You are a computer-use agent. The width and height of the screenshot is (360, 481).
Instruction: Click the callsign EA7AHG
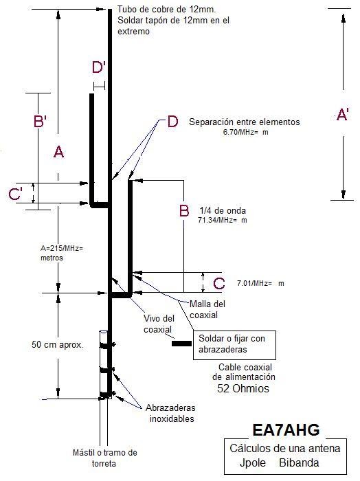coord(286,429)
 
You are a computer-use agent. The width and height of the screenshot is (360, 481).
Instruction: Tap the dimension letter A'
coord(342,115)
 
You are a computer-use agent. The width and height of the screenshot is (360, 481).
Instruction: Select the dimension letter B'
coord(40,120)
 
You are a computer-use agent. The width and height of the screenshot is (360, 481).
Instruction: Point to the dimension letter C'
coord(15,194)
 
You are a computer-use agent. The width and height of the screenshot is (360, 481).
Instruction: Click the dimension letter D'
coord(99,67)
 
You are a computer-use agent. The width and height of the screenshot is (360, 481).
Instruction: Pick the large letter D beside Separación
coord(172,122)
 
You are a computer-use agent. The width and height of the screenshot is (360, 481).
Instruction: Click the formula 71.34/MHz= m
coord(223,220)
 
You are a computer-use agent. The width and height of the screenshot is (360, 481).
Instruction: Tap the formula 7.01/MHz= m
coord(260,283)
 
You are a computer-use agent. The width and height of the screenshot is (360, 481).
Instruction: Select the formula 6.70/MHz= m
coord(246,133)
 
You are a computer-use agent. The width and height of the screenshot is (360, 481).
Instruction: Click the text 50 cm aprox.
coord(57,344)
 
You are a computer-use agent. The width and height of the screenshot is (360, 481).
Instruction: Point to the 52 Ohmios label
coord(243,388)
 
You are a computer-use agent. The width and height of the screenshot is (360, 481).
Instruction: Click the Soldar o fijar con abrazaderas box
coord(234,345)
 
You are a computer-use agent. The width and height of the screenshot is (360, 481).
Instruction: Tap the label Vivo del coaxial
coord(159,324)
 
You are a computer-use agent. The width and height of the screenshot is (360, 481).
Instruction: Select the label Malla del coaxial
coord(207,309)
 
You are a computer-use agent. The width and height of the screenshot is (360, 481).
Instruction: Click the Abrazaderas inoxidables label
coord(170,413)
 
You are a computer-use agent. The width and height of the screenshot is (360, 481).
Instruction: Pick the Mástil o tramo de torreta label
coord(105,458)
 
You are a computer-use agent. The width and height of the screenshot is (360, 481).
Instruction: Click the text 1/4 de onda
coord(223,210)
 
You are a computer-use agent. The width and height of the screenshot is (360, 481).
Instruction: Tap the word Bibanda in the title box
coord(299,462)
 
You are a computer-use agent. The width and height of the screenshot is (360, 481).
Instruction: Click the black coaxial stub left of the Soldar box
coord(181,344)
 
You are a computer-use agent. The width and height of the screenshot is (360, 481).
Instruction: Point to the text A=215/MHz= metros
coord(62,253)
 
